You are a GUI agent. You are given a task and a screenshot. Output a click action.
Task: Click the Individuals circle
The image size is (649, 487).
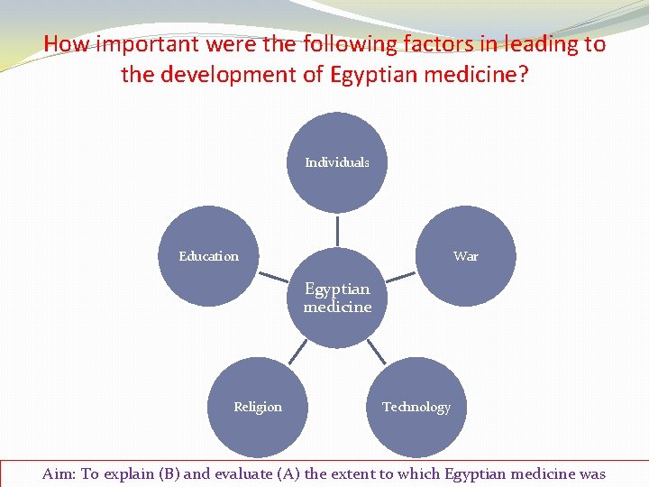click(x=337, y=162)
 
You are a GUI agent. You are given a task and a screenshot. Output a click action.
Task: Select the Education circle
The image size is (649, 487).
click(x=208, y=256)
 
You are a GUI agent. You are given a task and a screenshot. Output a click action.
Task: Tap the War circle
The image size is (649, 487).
click(x=466, y=256)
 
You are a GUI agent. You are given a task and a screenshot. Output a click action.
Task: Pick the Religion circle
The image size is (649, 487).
click(x=258, y=407)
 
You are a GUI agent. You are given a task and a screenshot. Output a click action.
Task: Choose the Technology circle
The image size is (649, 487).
click(x=416, y=407)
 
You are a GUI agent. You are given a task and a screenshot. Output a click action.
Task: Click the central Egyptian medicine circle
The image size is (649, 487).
click(x=337, y=298)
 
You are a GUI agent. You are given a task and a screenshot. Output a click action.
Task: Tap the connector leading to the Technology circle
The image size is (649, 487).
click(x=378, y=352)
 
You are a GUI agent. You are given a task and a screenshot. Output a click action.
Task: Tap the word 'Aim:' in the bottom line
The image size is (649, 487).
click(x=59, y=474)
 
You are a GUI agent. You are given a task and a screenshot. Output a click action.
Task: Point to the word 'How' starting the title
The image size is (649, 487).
click(x=64, y=44)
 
